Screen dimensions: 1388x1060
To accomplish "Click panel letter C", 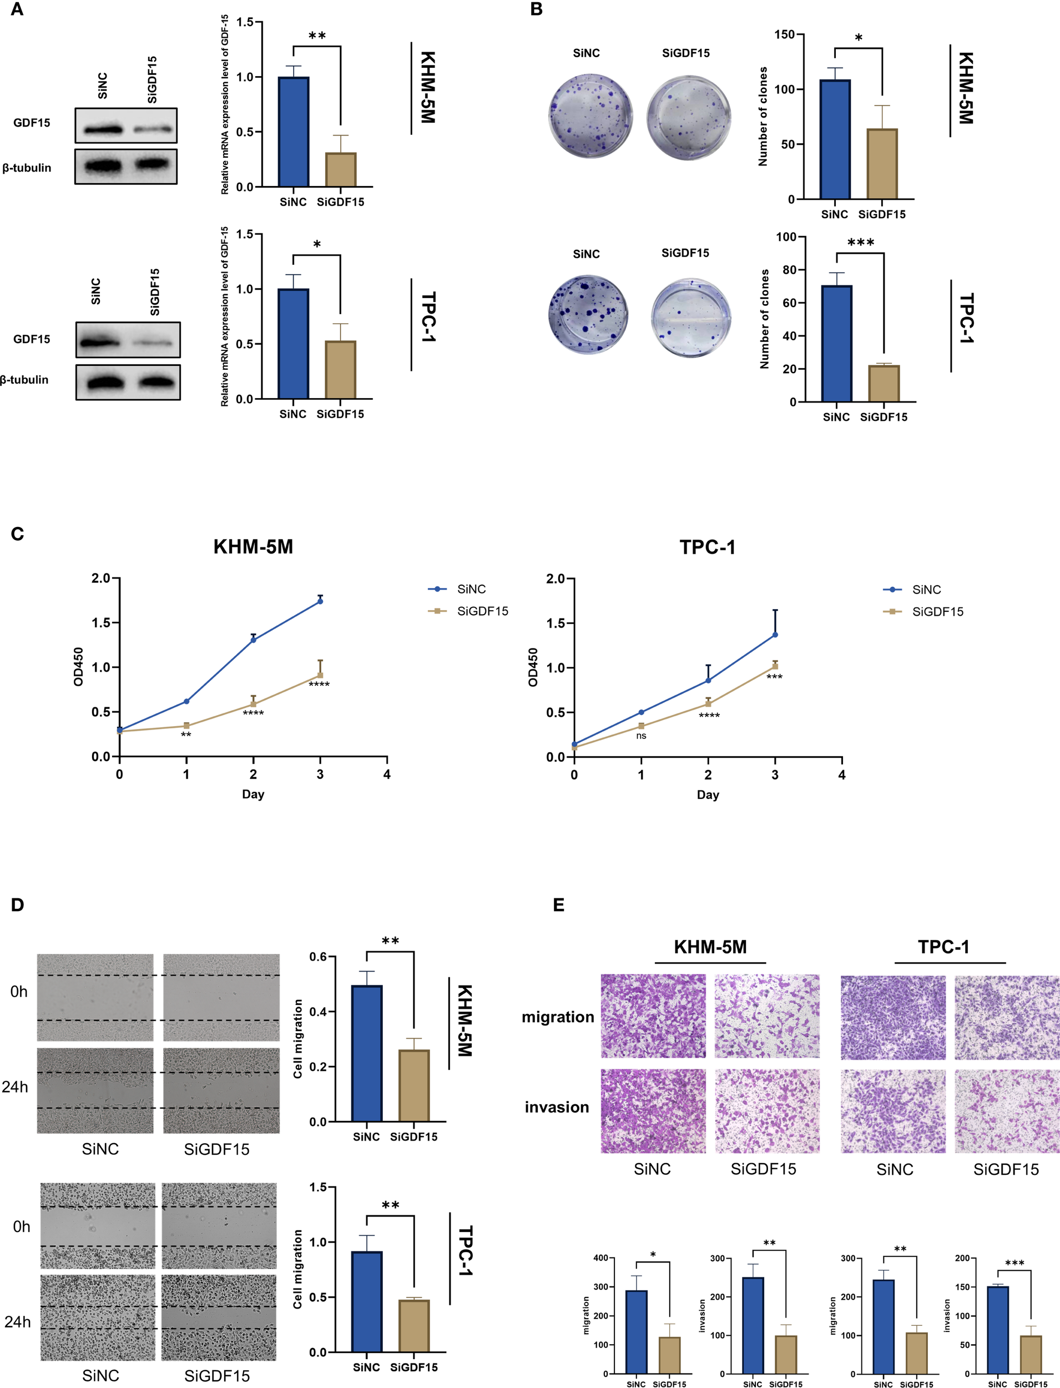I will point(17,534).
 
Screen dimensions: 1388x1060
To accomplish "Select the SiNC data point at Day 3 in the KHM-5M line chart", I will point(320,601).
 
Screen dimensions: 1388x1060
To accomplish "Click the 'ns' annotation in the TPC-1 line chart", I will point(641,735).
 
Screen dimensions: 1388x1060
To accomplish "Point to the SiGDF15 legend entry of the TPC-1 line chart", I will point(937,612).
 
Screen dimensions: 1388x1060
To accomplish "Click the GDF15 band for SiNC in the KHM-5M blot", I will point(102,130).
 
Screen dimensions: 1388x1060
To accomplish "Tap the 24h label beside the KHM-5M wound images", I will point(15,1087).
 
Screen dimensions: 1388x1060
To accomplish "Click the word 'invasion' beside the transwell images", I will point(557,1107).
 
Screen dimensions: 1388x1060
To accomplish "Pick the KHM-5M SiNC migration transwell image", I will point(653,1015).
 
